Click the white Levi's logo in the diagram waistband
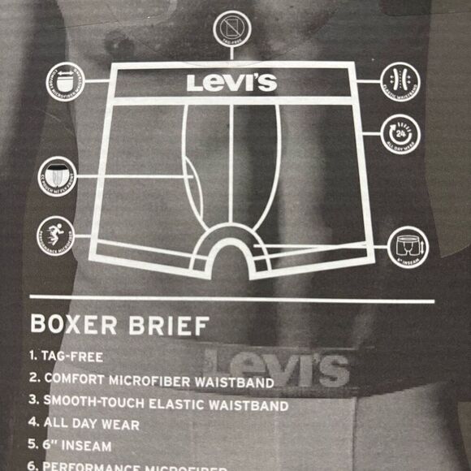point(231,82)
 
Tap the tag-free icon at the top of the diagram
point(232,29)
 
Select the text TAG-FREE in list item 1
point(76,356)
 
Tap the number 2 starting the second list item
point(33,379)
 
